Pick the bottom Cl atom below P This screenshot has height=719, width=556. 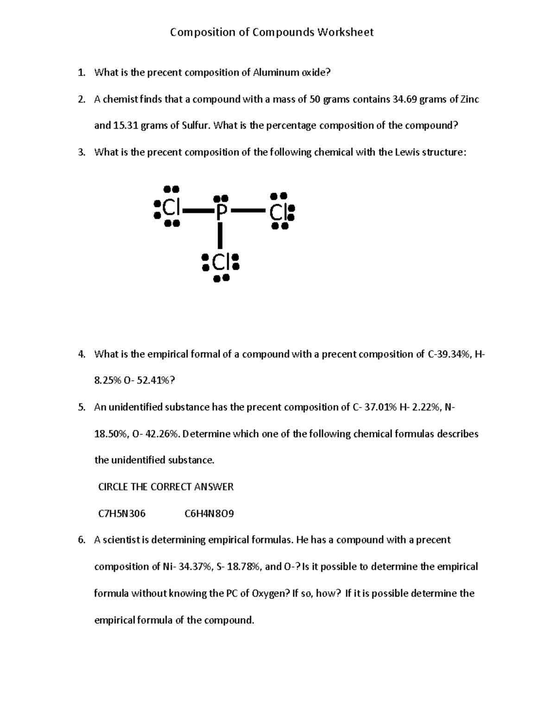(x=220, y=263)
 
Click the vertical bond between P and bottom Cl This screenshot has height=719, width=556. (x=221, y=236)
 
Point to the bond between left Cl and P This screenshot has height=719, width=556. (x=197, y=211)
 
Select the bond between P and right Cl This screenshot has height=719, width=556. (x=248, y=211)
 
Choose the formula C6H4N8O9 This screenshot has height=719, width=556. (x=209, y=513)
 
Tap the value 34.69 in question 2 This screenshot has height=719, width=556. (x=404, y=99)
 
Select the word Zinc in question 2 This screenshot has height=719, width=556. (x=469, y=99)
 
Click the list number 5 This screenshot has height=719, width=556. (x=81, y=407)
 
